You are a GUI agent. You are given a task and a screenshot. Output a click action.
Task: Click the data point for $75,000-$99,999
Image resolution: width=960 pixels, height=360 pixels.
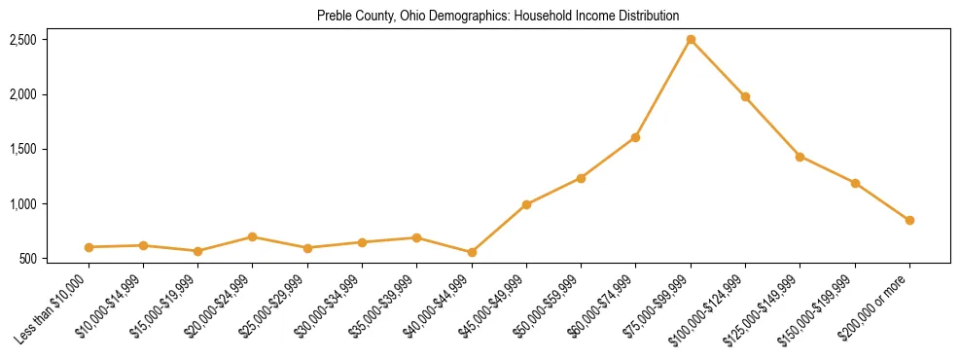(x=691, y=40)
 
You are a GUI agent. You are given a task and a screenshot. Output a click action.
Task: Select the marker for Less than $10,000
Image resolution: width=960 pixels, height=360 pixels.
(x=89, y=247)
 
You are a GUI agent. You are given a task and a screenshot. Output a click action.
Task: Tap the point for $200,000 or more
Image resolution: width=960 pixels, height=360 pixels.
(x=909, y=221)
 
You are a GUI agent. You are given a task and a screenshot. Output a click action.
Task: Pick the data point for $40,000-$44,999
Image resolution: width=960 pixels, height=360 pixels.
(x=472, y=252)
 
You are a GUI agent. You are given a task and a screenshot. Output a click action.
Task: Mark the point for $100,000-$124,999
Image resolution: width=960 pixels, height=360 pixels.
(x=745, y=96)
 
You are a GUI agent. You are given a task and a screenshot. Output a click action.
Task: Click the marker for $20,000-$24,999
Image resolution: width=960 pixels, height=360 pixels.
(x=252, y=236)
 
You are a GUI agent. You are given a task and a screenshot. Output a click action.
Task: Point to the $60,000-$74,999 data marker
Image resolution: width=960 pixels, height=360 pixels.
(x=635, y=137)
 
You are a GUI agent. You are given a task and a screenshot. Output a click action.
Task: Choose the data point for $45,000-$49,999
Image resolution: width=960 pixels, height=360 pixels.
(x=526, y=204)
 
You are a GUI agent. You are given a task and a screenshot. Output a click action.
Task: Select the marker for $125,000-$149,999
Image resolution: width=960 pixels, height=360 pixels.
(x=800, y=157)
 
